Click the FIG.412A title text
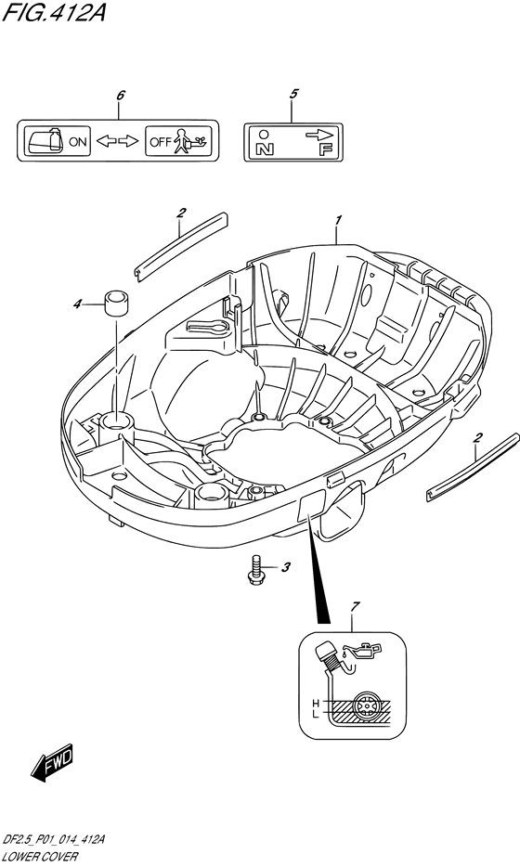(54, 12)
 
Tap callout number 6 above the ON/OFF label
(121, 95)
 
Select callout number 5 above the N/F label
(293, 94)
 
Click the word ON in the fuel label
(78, 141)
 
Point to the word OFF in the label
(161, 141)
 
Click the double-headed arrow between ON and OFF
(117, 141)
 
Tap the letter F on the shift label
(325, 149)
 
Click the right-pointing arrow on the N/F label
(319, 135)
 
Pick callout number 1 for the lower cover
(337, 220)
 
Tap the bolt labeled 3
(255, 570)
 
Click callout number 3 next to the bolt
(285, 567)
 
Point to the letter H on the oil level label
(316, 704)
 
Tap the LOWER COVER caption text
(40, 857)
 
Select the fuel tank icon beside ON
(45, 140)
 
